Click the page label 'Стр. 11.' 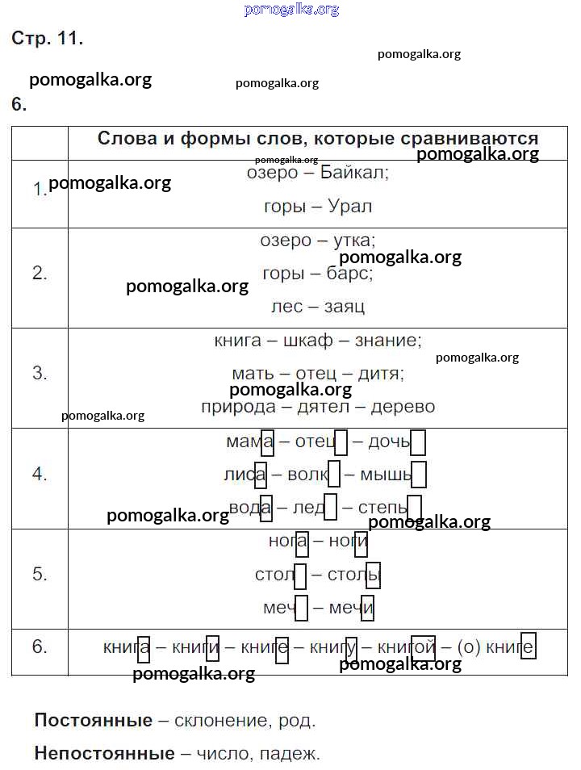[47, 38]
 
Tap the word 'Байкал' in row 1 [354, 174]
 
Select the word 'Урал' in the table [350, 206]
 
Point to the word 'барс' [350, 274]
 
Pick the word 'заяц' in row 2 [345, 307]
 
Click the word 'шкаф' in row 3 [308, 341]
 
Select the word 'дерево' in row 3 [403, 407]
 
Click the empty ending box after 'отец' [341, 442]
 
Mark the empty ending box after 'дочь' [417, 442]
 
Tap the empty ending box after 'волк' [334, 475]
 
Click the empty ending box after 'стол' [300, 576]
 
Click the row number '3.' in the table [40, 373]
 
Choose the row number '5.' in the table [40, 574]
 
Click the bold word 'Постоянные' [94, 721]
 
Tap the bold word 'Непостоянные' [104, 754]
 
